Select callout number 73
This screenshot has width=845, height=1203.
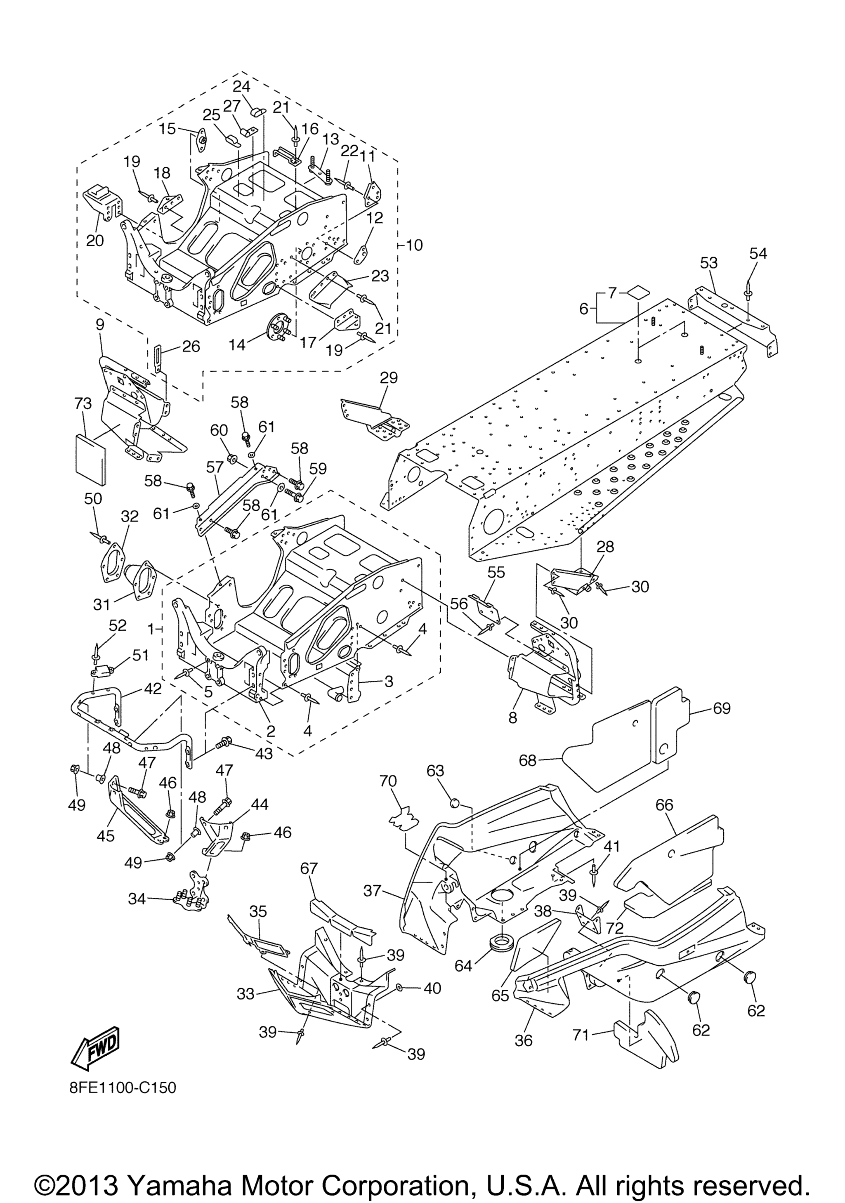pos(83,403)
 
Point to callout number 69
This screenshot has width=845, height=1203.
pos(722,708)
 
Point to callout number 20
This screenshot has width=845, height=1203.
pos(95,240)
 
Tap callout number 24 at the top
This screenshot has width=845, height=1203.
pos(241,87)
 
